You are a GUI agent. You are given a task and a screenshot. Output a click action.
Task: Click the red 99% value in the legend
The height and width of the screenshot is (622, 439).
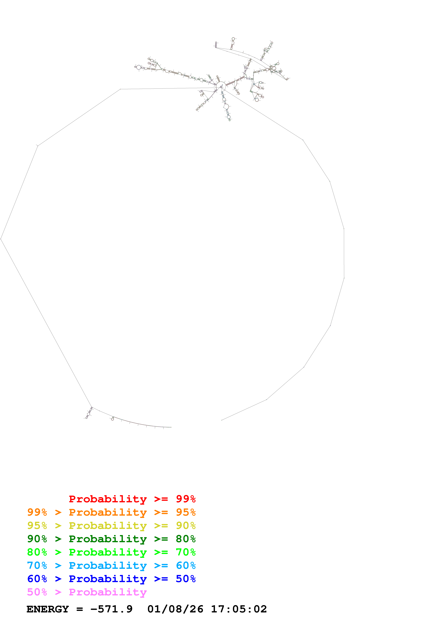(186, 499)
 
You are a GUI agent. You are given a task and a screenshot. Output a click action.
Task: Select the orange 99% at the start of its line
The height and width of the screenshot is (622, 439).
(37, 512)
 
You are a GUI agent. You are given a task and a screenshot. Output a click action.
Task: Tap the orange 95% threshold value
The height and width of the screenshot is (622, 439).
(186, 512)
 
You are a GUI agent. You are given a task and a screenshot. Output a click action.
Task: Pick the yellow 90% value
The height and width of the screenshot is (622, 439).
(186, 526)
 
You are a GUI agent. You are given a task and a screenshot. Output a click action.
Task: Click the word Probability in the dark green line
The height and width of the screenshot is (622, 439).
(108, 539)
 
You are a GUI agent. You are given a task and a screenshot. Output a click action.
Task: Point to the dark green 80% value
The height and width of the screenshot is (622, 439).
(186, 539)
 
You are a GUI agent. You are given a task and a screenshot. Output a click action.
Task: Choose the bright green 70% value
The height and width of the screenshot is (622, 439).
(186, 552)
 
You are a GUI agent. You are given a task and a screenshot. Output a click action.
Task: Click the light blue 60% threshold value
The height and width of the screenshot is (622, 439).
(186, 565)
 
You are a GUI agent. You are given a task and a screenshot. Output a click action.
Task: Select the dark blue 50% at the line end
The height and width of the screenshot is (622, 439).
(186, 579)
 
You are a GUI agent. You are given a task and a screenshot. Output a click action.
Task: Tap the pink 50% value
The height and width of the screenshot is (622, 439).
(37, 592)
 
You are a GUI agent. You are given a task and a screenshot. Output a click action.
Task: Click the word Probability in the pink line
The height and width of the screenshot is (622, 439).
(108, 592)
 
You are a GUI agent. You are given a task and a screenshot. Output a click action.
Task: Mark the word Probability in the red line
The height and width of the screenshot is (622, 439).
(108, 499)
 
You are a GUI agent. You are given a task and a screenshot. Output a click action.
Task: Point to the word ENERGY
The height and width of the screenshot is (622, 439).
(48, 609)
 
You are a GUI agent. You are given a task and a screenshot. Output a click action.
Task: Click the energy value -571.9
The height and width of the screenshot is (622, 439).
(111, 609)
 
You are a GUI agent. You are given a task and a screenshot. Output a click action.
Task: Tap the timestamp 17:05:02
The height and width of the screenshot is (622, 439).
(239, 609)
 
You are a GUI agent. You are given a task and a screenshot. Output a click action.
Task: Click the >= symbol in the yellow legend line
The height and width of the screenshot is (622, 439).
(161, 526)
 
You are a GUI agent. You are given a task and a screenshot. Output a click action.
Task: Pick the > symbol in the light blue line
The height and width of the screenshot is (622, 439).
(58, 565)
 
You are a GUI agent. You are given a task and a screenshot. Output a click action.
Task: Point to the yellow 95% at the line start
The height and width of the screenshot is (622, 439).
(37, 526)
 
